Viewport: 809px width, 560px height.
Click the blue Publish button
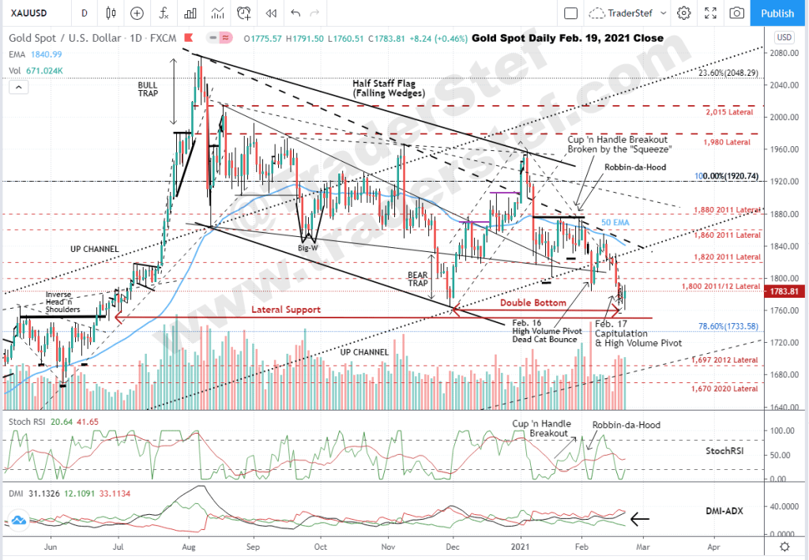(777, 13)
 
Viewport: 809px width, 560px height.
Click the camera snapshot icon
(736, 13)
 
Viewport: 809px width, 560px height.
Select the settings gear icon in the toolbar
(684, 13)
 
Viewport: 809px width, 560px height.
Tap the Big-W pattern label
(308, 246)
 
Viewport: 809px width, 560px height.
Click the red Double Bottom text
(533, 303)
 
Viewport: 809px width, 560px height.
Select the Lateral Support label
(286, 310)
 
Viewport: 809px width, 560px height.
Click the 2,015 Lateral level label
(728, 112)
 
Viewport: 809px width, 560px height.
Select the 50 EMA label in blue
(620, 224)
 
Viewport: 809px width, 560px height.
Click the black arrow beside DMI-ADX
(639, 519)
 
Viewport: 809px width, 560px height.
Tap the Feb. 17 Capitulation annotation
(625, 334)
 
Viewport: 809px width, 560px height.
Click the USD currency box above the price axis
(784, 37)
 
